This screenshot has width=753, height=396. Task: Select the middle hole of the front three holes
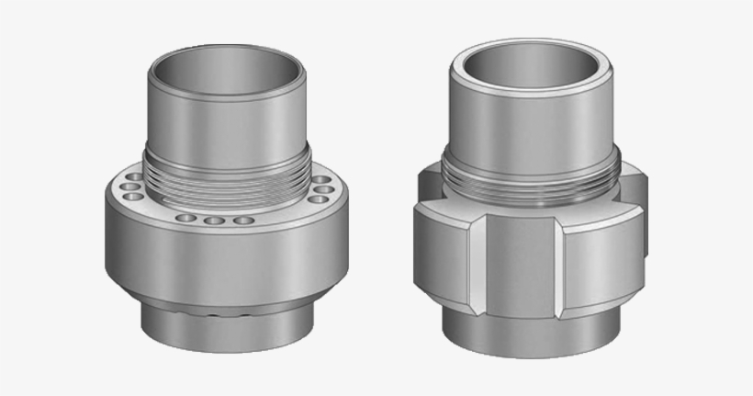[x=215, y=221]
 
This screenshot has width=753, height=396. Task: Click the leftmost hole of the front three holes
[x=187, y=219]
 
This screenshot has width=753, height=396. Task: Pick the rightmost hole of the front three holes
[x=242, y=221]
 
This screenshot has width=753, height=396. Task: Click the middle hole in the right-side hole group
[x=321, y=189]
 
